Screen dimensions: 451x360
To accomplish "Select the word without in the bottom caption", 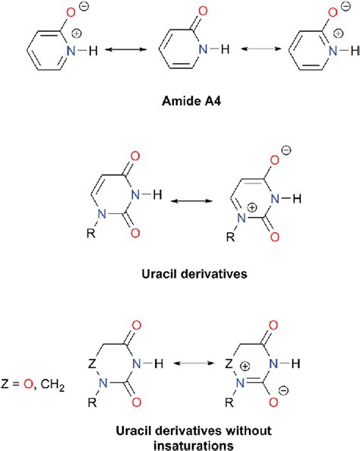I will (239, 430).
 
